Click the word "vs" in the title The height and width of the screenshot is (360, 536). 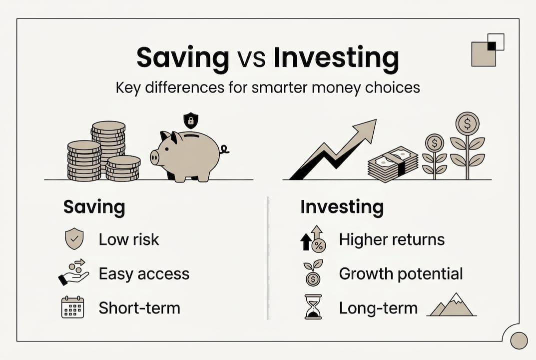pos(251,59)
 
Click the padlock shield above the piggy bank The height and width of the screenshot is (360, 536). pos(190,120)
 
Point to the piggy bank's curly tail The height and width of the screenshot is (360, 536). pos(224,149)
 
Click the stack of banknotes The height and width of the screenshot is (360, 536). pos(393,164)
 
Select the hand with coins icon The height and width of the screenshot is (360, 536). pos(73,272)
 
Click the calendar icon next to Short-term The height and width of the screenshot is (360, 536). pos(72,307)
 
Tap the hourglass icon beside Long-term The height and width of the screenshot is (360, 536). pos(312,307)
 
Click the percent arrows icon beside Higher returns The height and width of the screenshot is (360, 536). pos(313,239)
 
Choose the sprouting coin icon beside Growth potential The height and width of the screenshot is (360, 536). pos(313,273)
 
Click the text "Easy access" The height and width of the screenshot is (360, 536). pos(144,274)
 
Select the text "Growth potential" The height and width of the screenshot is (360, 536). pos(401,274)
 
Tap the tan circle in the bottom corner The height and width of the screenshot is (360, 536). pos(520,340)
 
